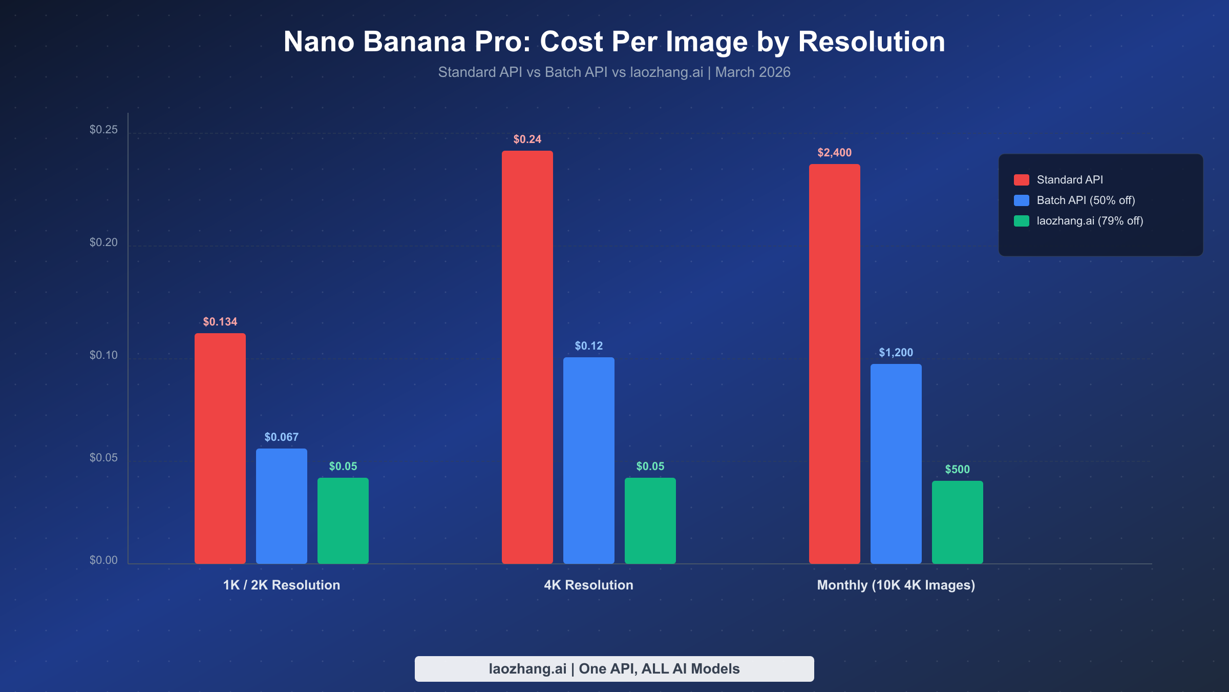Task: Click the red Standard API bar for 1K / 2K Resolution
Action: (x=220, y=449)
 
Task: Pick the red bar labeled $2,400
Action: (x=835, y=364)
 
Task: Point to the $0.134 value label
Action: (x=220, y=322)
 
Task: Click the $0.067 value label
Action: (x=282, y=437)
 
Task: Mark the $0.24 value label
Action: (x=527, y=139)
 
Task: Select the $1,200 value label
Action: (x=896, y=353)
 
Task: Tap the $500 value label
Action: (x=958, y=470)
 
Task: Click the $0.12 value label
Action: (x=589, y=346)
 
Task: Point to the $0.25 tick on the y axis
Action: (x=103, y=130)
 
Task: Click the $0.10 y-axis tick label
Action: (x=103, y=355)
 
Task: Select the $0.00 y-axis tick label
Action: (x=103, y=560)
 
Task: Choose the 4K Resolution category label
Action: (x=589, y=585)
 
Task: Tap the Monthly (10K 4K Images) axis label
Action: (x=896, y=585)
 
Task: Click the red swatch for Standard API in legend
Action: (x=1022, y=180)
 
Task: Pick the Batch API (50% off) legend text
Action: (x=1086, y=200)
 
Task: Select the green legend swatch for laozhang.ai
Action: (x=1022, y=221)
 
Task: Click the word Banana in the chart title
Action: (x=414, y=42)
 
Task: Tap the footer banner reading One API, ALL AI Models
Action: (x=614, y=669)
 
